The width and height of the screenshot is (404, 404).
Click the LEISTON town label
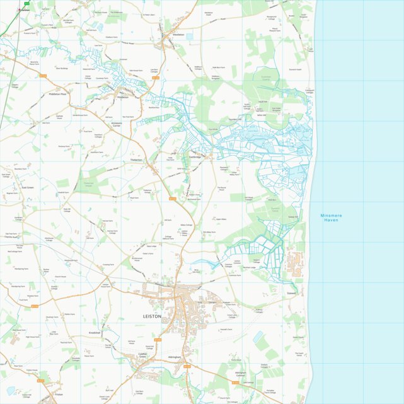[x=153, y=316]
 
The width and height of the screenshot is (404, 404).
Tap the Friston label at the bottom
[x=59, y=394]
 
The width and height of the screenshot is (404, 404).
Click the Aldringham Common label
[x=240, y=374]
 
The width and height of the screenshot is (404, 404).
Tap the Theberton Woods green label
[x=93, y=185]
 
